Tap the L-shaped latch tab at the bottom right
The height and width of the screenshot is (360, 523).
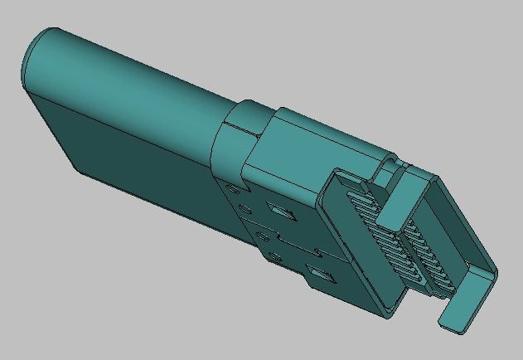coord(464,307)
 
